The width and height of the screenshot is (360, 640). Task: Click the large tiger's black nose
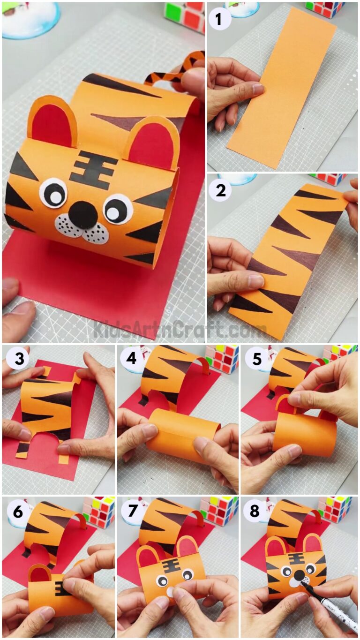coord(82,214)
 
